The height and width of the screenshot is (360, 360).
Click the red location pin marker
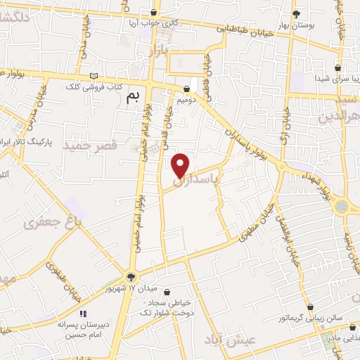tap(181, 165)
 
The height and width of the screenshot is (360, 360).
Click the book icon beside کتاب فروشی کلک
tap(94, 77)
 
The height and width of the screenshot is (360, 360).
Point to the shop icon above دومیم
tap(186, 89)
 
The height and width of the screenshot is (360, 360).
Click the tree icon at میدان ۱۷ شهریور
tap(131, 277)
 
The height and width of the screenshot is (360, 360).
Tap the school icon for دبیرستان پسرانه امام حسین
tap(82, 314)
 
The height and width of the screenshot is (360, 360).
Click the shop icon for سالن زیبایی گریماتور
tap(339, 307)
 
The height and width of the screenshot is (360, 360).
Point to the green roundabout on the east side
tap(342, 207)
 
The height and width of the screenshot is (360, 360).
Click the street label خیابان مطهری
tap(257, 226)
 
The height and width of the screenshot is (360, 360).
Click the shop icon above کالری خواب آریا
tap(153, 11)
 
